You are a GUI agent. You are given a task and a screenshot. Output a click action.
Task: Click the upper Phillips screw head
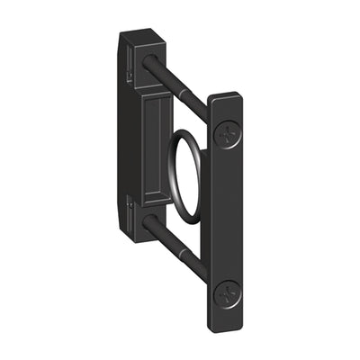pyautogui.click(x=228, y=134)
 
